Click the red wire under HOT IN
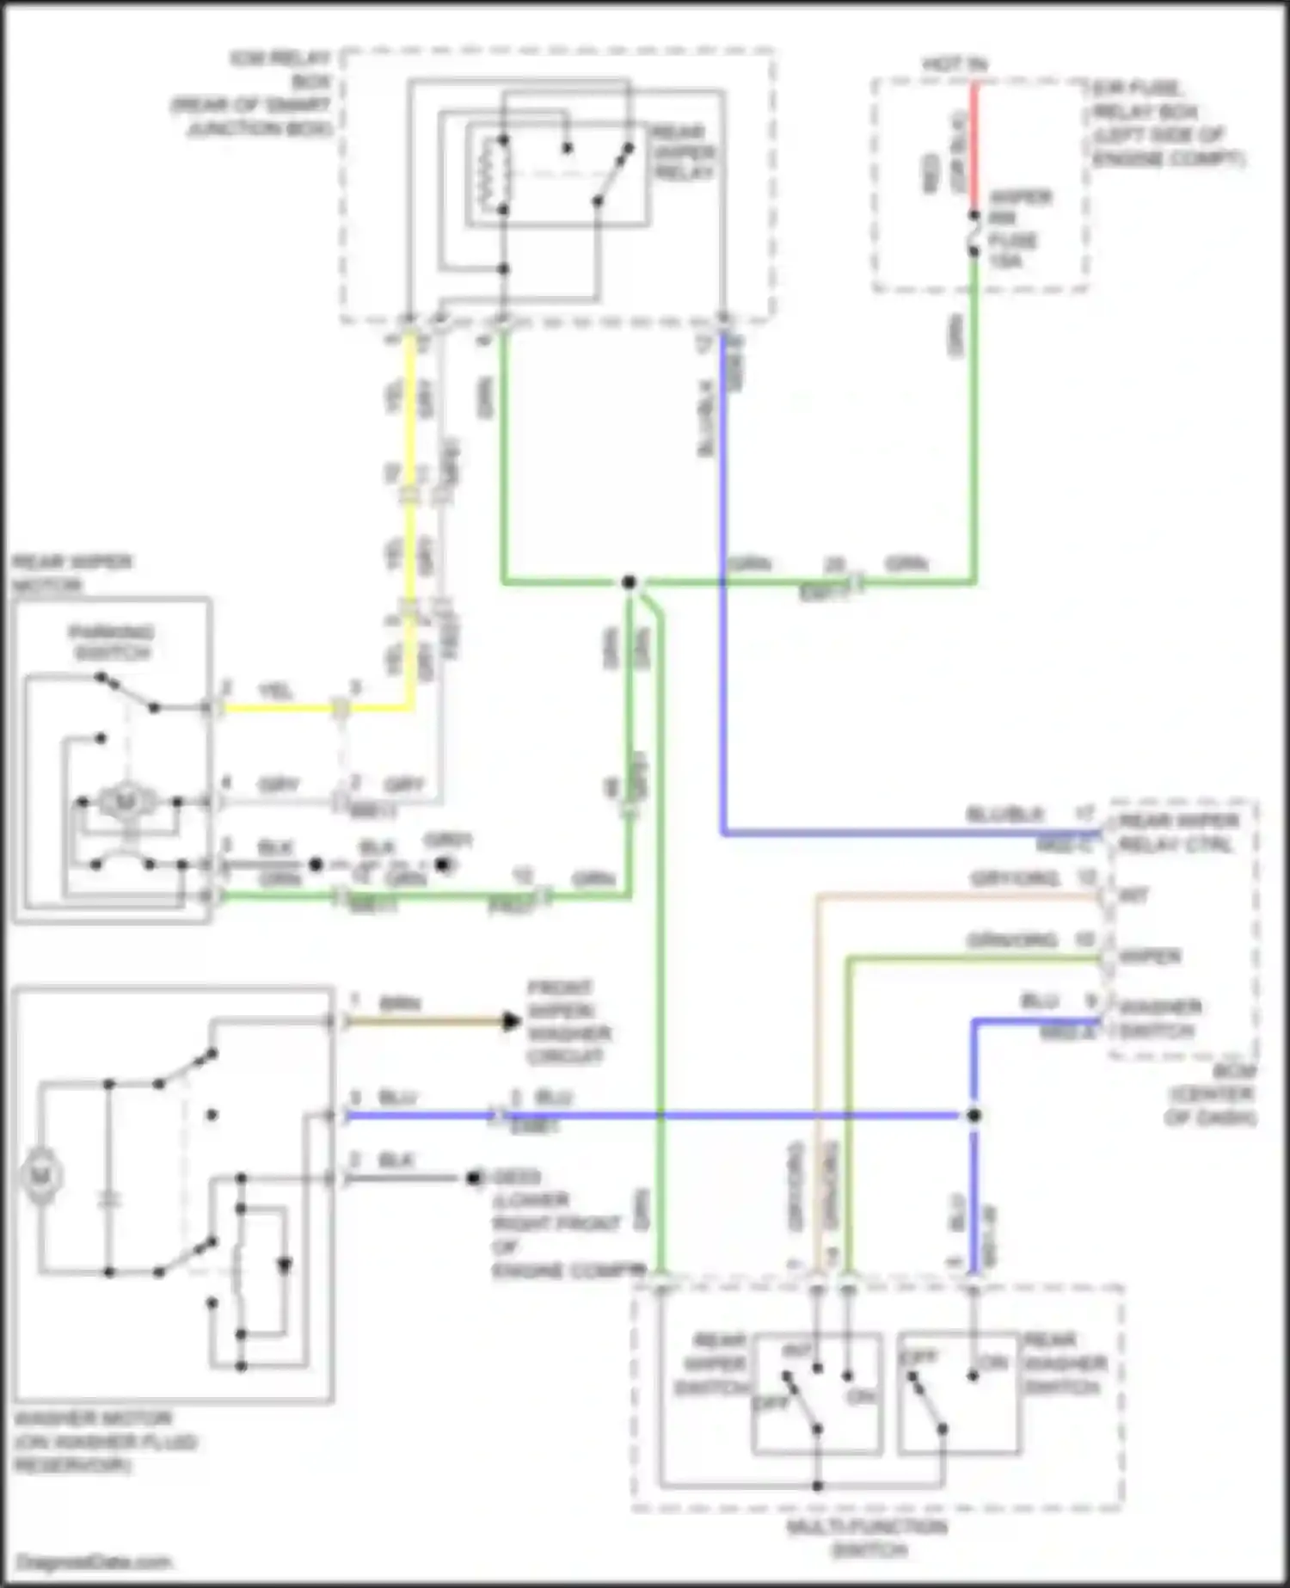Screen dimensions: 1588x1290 point(974,146)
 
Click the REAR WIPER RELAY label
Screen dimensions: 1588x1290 point(684,152)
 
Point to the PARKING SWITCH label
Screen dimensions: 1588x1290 point(112,643)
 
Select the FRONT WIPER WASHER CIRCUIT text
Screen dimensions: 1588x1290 point(568,1021)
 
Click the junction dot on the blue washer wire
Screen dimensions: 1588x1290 point(974,1116)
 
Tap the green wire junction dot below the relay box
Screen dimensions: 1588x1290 point(629,582)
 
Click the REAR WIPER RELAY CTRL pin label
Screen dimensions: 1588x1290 point(1178,832)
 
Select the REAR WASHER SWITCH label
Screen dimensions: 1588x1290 point(1065,1363)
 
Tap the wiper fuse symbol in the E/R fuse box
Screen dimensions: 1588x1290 point(974,233)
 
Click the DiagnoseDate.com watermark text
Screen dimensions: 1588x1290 point(94,1561)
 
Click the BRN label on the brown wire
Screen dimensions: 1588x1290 point(400,1004)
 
